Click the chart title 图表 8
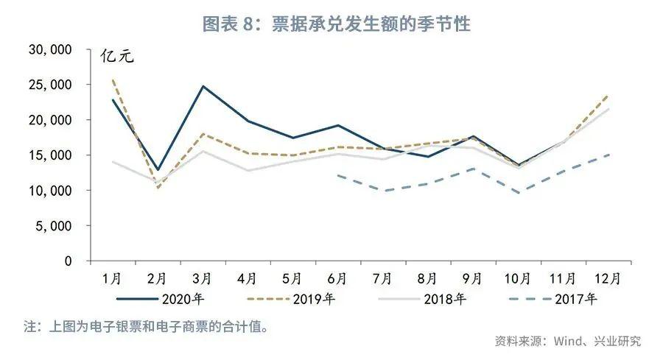336,24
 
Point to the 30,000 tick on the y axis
49,49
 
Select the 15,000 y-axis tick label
49,155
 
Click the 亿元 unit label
118,57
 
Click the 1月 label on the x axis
113,278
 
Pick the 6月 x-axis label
337,278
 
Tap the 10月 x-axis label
517,278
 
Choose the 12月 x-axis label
607,278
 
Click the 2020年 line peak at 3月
203,86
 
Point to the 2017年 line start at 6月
337,175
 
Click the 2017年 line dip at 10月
517,194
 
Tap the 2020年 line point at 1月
113,100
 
